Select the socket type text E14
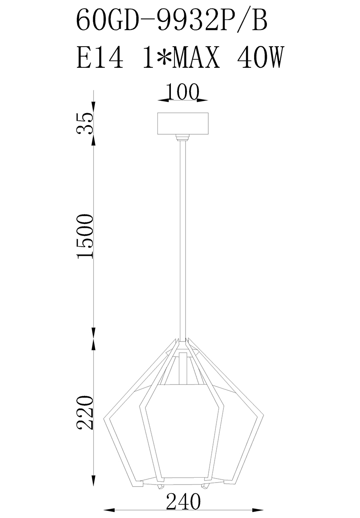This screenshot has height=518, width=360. click(100, 57)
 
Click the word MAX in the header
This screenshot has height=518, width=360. click(196, 57)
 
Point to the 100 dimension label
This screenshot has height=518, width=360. click(182, 92)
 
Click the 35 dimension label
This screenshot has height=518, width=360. click(85, 124)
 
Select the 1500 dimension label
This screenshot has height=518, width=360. click(85, 236)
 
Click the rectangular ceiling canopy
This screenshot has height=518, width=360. click(183, 124)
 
